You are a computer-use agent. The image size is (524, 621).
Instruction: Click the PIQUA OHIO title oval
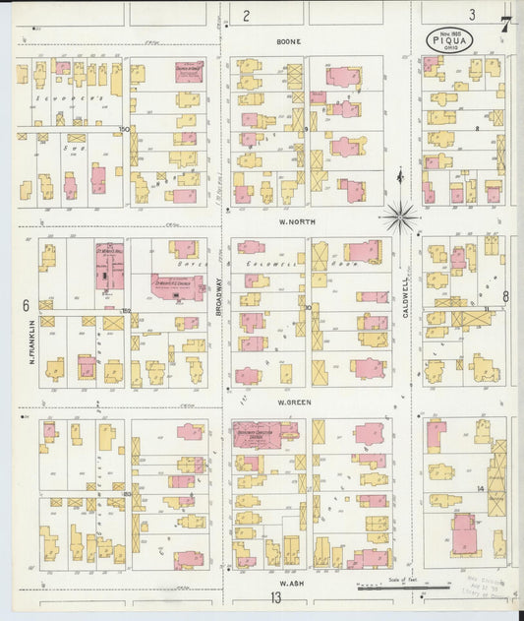(x=449, y=39)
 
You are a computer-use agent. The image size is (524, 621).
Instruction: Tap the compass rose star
(x=400, y=216)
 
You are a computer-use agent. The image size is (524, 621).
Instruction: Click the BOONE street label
(x=288, y=42)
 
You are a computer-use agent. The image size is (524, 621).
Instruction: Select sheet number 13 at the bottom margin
(x=276, y=597)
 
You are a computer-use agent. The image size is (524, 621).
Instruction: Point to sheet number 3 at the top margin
(x=472, y=14)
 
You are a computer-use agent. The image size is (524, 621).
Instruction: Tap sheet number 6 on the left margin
(x=25, y=305)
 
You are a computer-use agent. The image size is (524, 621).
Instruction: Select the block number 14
(x=481, y=488)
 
